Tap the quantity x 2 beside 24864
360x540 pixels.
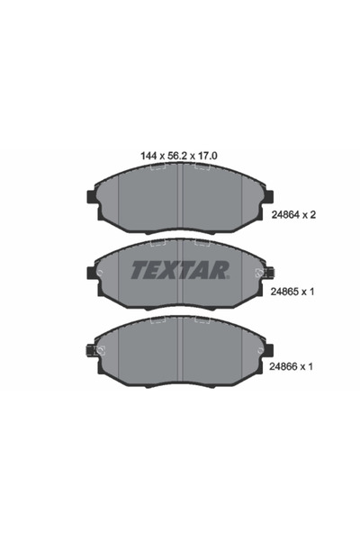pyautogui.click(x=314, y=215)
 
